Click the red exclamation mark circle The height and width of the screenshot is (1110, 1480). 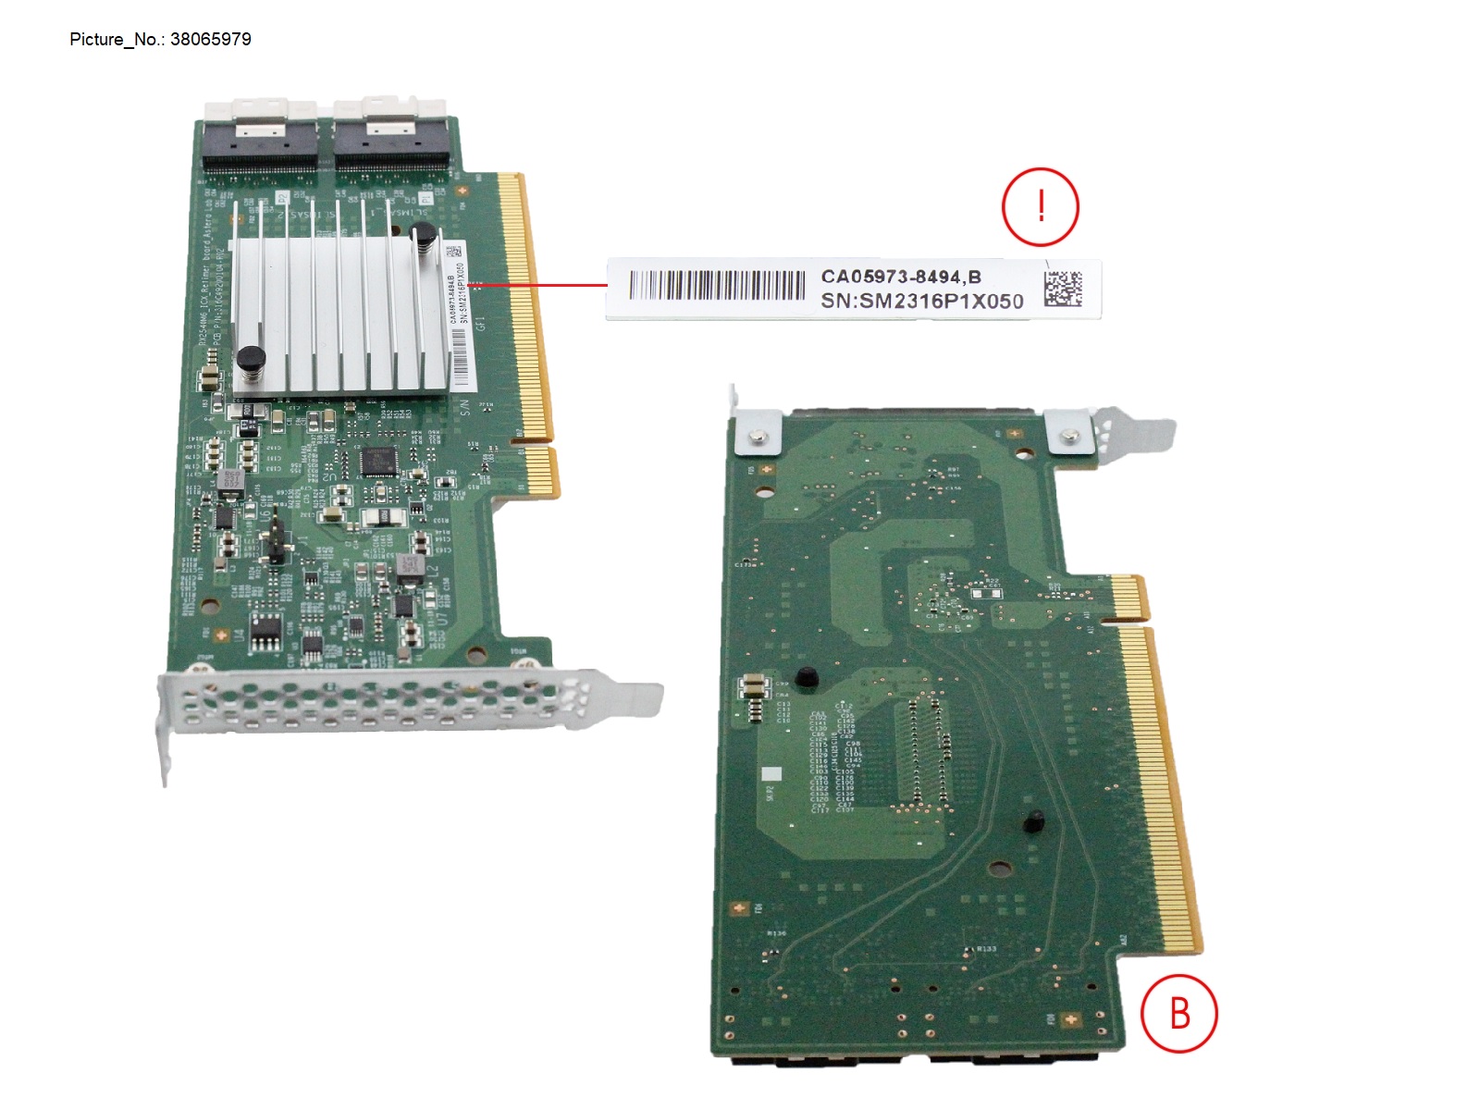pyautogui.click(x=1041, y=206)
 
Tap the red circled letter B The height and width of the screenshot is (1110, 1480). pyautogui.click(x=1178, y=1013)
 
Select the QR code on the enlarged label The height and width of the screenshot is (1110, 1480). pyautogui.click(x=1063, y=289)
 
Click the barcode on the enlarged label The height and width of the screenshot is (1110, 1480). pyautogui.click(x=717, y=285)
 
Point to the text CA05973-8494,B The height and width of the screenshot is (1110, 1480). pyautogui.click(x=900, y=277)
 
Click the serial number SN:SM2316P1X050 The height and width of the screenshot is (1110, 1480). pyautogui.click(x=921, y=302)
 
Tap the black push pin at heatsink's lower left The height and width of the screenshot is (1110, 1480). pyautogui.click(x=251, y=359)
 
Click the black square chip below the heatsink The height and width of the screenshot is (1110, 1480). pyautogui.click(x=377, y=460)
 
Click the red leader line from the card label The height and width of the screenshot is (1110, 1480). pyautogui.click(x=541, y=285)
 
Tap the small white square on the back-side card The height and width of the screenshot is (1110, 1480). pyautogui.click(x=771, y=773)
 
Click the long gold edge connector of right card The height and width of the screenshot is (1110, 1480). pyautogui.click(x=1161, y=786)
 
